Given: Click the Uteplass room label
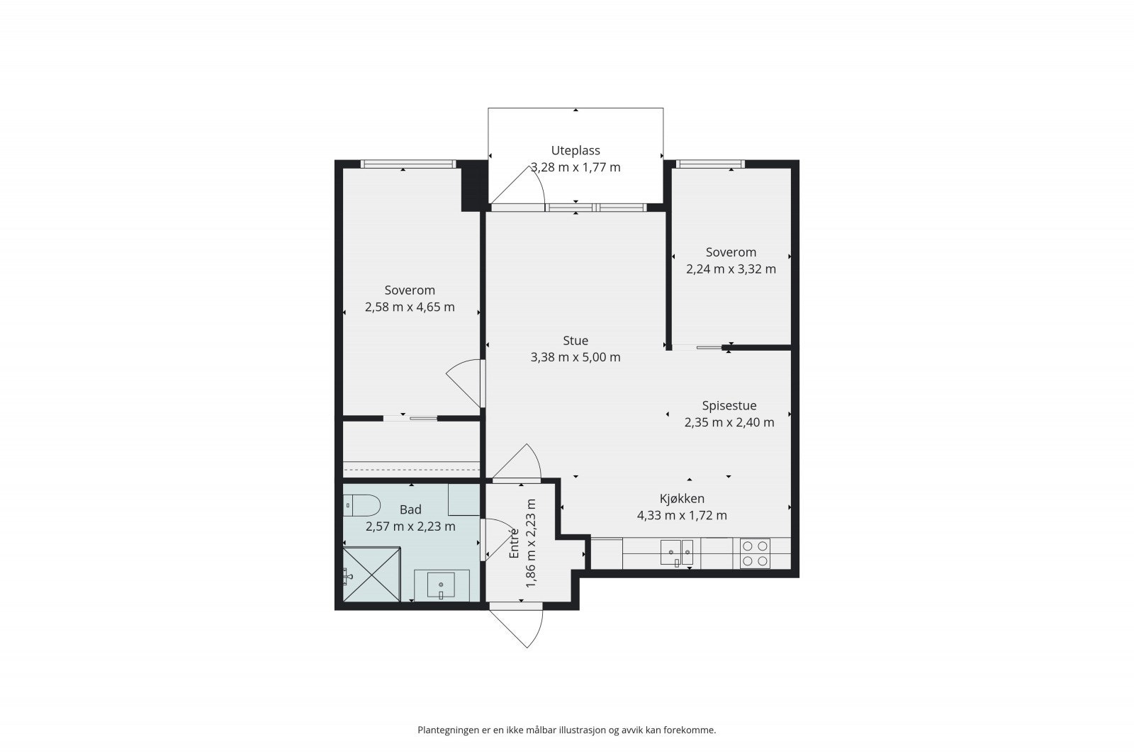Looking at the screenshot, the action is pyautogui.click(x=576, y=150).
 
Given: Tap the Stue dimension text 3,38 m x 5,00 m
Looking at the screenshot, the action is pyautogui.click(x=576, y=357).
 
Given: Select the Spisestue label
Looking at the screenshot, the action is pyautogui.click(x=729, y=405).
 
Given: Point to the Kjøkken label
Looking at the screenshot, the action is pyautogui.click(x=682, y=498).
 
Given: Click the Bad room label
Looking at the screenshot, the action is pyautogui.click(x=410, y=509).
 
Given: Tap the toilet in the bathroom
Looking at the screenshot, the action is pyautogui.click(x=361, y=505).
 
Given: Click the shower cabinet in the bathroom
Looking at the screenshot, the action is pyautogui.click(x=372, y=575).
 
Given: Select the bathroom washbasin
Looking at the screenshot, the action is pyautogui.click(x=442, y=585).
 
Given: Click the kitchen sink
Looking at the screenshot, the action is pyautogui.click(x=677, y=553).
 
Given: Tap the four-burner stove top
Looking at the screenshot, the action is pyautogui.click(x=755, y=553).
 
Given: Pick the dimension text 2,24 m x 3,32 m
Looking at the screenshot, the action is pyautogui.click(x=731, y=269).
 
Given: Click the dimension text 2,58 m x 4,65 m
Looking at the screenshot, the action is pyautogui.click(x=410, y=308).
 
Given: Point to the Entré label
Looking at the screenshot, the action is pyautogui.click(x=515, y=543).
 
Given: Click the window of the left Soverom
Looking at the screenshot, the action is pyautogui.click(x=408, y=164).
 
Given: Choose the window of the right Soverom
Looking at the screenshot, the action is pyautogui.click(x=710, y=164).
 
